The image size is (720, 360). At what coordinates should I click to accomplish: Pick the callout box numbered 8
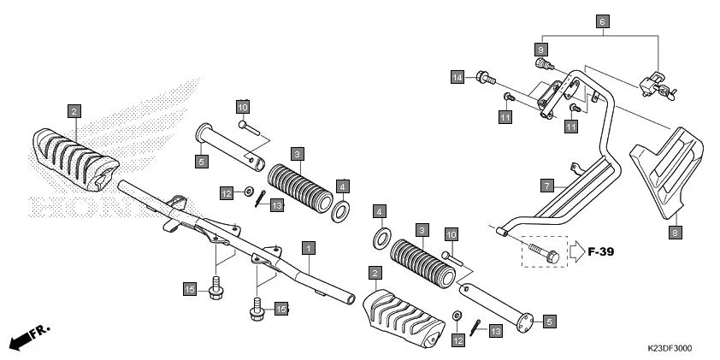(x=674, y=231)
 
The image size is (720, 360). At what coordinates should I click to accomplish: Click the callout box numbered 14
(x=457, y=78)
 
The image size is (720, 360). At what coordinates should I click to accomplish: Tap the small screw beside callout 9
(x=540, y=64)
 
